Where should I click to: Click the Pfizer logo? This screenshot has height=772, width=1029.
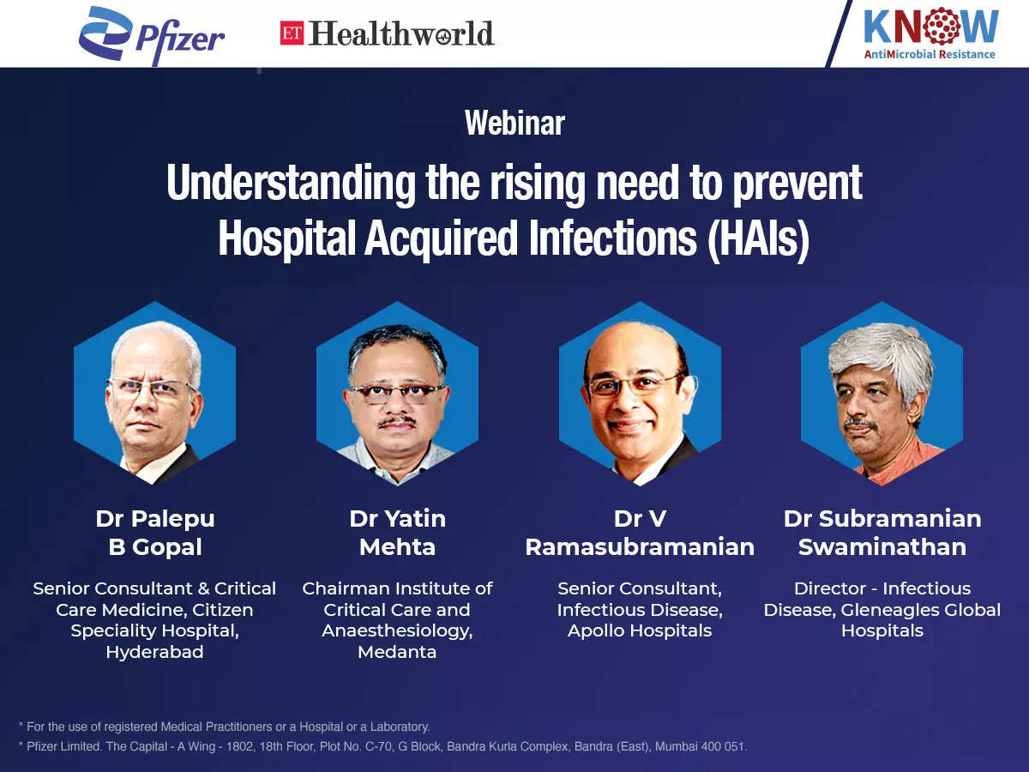152,36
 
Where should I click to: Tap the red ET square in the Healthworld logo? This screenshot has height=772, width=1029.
292,33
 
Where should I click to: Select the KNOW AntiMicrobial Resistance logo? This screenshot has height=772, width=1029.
930,33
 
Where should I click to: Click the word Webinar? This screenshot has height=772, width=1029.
514,124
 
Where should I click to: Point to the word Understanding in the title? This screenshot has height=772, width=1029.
291,184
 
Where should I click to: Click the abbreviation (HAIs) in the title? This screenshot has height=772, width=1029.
759,238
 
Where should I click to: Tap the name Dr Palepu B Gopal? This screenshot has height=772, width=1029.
155,533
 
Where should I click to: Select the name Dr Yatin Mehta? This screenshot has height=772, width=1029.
398,533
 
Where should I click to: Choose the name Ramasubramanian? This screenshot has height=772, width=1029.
640,547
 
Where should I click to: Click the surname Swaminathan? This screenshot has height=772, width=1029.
882,547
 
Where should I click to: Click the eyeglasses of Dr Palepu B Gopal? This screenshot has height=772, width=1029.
150,389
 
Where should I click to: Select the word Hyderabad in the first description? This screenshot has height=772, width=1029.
154,652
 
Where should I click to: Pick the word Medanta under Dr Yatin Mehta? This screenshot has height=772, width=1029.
397,652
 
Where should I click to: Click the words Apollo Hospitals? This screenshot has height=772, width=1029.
640,631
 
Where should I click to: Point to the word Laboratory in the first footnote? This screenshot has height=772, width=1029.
400,727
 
